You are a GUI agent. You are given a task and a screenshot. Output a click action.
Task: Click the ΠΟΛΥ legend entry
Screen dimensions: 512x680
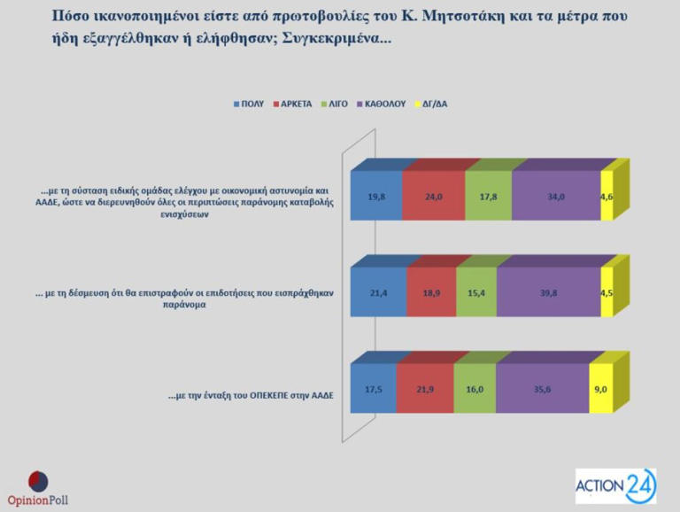(x=251, y=104)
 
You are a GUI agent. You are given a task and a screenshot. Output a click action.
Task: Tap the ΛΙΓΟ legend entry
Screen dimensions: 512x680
(x=336, y=104)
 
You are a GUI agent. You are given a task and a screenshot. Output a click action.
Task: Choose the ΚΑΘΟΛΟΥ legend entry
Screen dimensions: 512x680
(x=381, y=104)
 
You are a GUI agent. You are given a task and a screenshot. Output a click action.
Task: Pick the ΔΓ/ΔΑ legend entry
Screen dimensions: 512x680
(x=433, y=104)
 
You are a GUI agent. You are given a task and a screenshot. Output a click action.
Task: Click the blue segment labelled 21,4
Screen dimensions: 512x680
(x=379, y=292)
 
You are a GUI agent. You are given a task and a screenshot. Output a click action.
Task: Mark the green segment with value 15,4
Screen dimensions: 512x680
(x=476, y=292)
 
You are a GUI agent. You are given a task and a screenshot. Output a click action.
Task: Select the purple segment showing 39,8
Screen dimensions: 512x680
(x=548, y=292)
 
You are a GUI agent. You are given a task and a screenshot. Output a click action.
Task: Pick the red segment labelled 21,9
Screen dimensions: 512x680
(x=426, y=388)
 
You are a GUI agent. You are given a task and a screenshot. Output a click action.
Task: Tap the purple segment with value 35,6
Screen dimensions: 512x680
(x=543, y=388)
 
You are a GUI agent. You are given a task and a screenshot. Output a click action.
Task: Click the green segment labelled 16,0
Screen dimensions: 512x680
(x=475, y=388)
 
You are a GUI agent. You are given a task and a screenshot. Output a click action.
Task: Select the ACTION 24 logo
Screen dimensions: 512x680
(x=615, y=485)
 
